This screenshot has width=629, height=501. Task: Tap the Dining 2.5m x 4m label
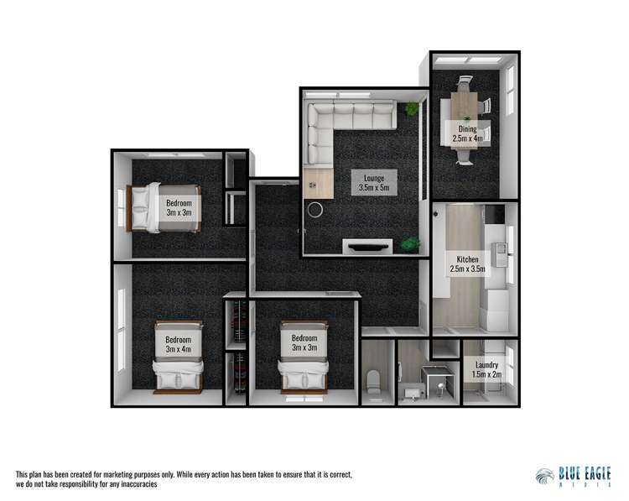467,133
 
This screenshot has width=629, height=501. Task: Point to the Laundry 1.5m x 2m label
486,370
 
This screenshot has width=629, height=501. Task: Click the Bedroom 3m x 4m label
178,344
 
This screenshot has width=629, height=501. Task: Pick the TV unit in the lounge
367,246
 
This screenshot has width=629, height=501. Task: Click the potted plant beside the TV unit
411,244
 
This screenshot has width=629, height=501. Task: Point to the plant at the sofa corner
412,110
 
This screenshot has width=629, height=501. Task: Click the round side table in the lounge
316,210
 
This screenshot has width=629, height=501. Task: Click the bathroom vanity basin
413,390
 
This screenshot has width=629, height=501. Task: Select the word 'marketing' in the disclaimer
131,475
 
